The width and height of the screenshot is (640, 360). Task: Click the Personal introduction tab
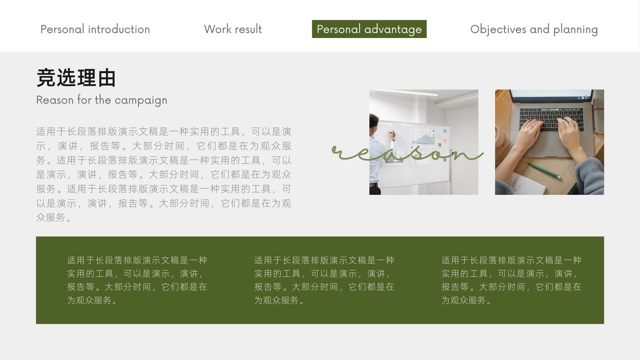click(x=95, y=29)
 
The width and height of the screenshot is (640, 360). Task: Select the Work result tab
click(x=233, y=29)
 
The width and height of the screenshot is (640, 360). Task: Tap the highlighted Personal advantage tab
click(x=369, y=29)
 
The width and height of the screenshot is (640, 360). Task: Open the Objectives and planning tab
click(x=534, y=30)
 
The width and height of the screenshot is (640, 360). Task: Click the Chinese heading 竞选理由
click(x=76, y=78)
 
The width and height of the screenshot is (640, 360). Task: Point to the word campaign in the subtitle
click(x=141, y=100)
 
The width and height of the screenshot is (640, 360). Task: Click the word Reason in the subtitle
click(x=55, y=100)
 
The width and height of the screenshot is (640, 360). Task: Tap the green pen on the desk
click(x=544, y=170)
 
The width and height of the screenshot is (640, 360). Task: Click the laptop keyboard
click(x=552, y=118)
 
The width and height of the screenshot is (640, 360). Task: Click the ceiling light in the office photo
click(x=408, y=92)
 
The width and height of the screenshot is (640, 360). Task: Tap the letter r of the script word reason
click(x=340, y=152)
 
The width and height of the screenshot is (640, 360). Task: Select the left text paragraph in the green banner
click(x=137, y=280)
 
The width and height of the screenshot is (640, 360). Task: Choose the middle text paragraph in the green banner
click(x=324, y=280)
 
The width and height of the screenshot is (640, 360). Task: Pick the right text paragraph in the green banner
click(x=512, y=280)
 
